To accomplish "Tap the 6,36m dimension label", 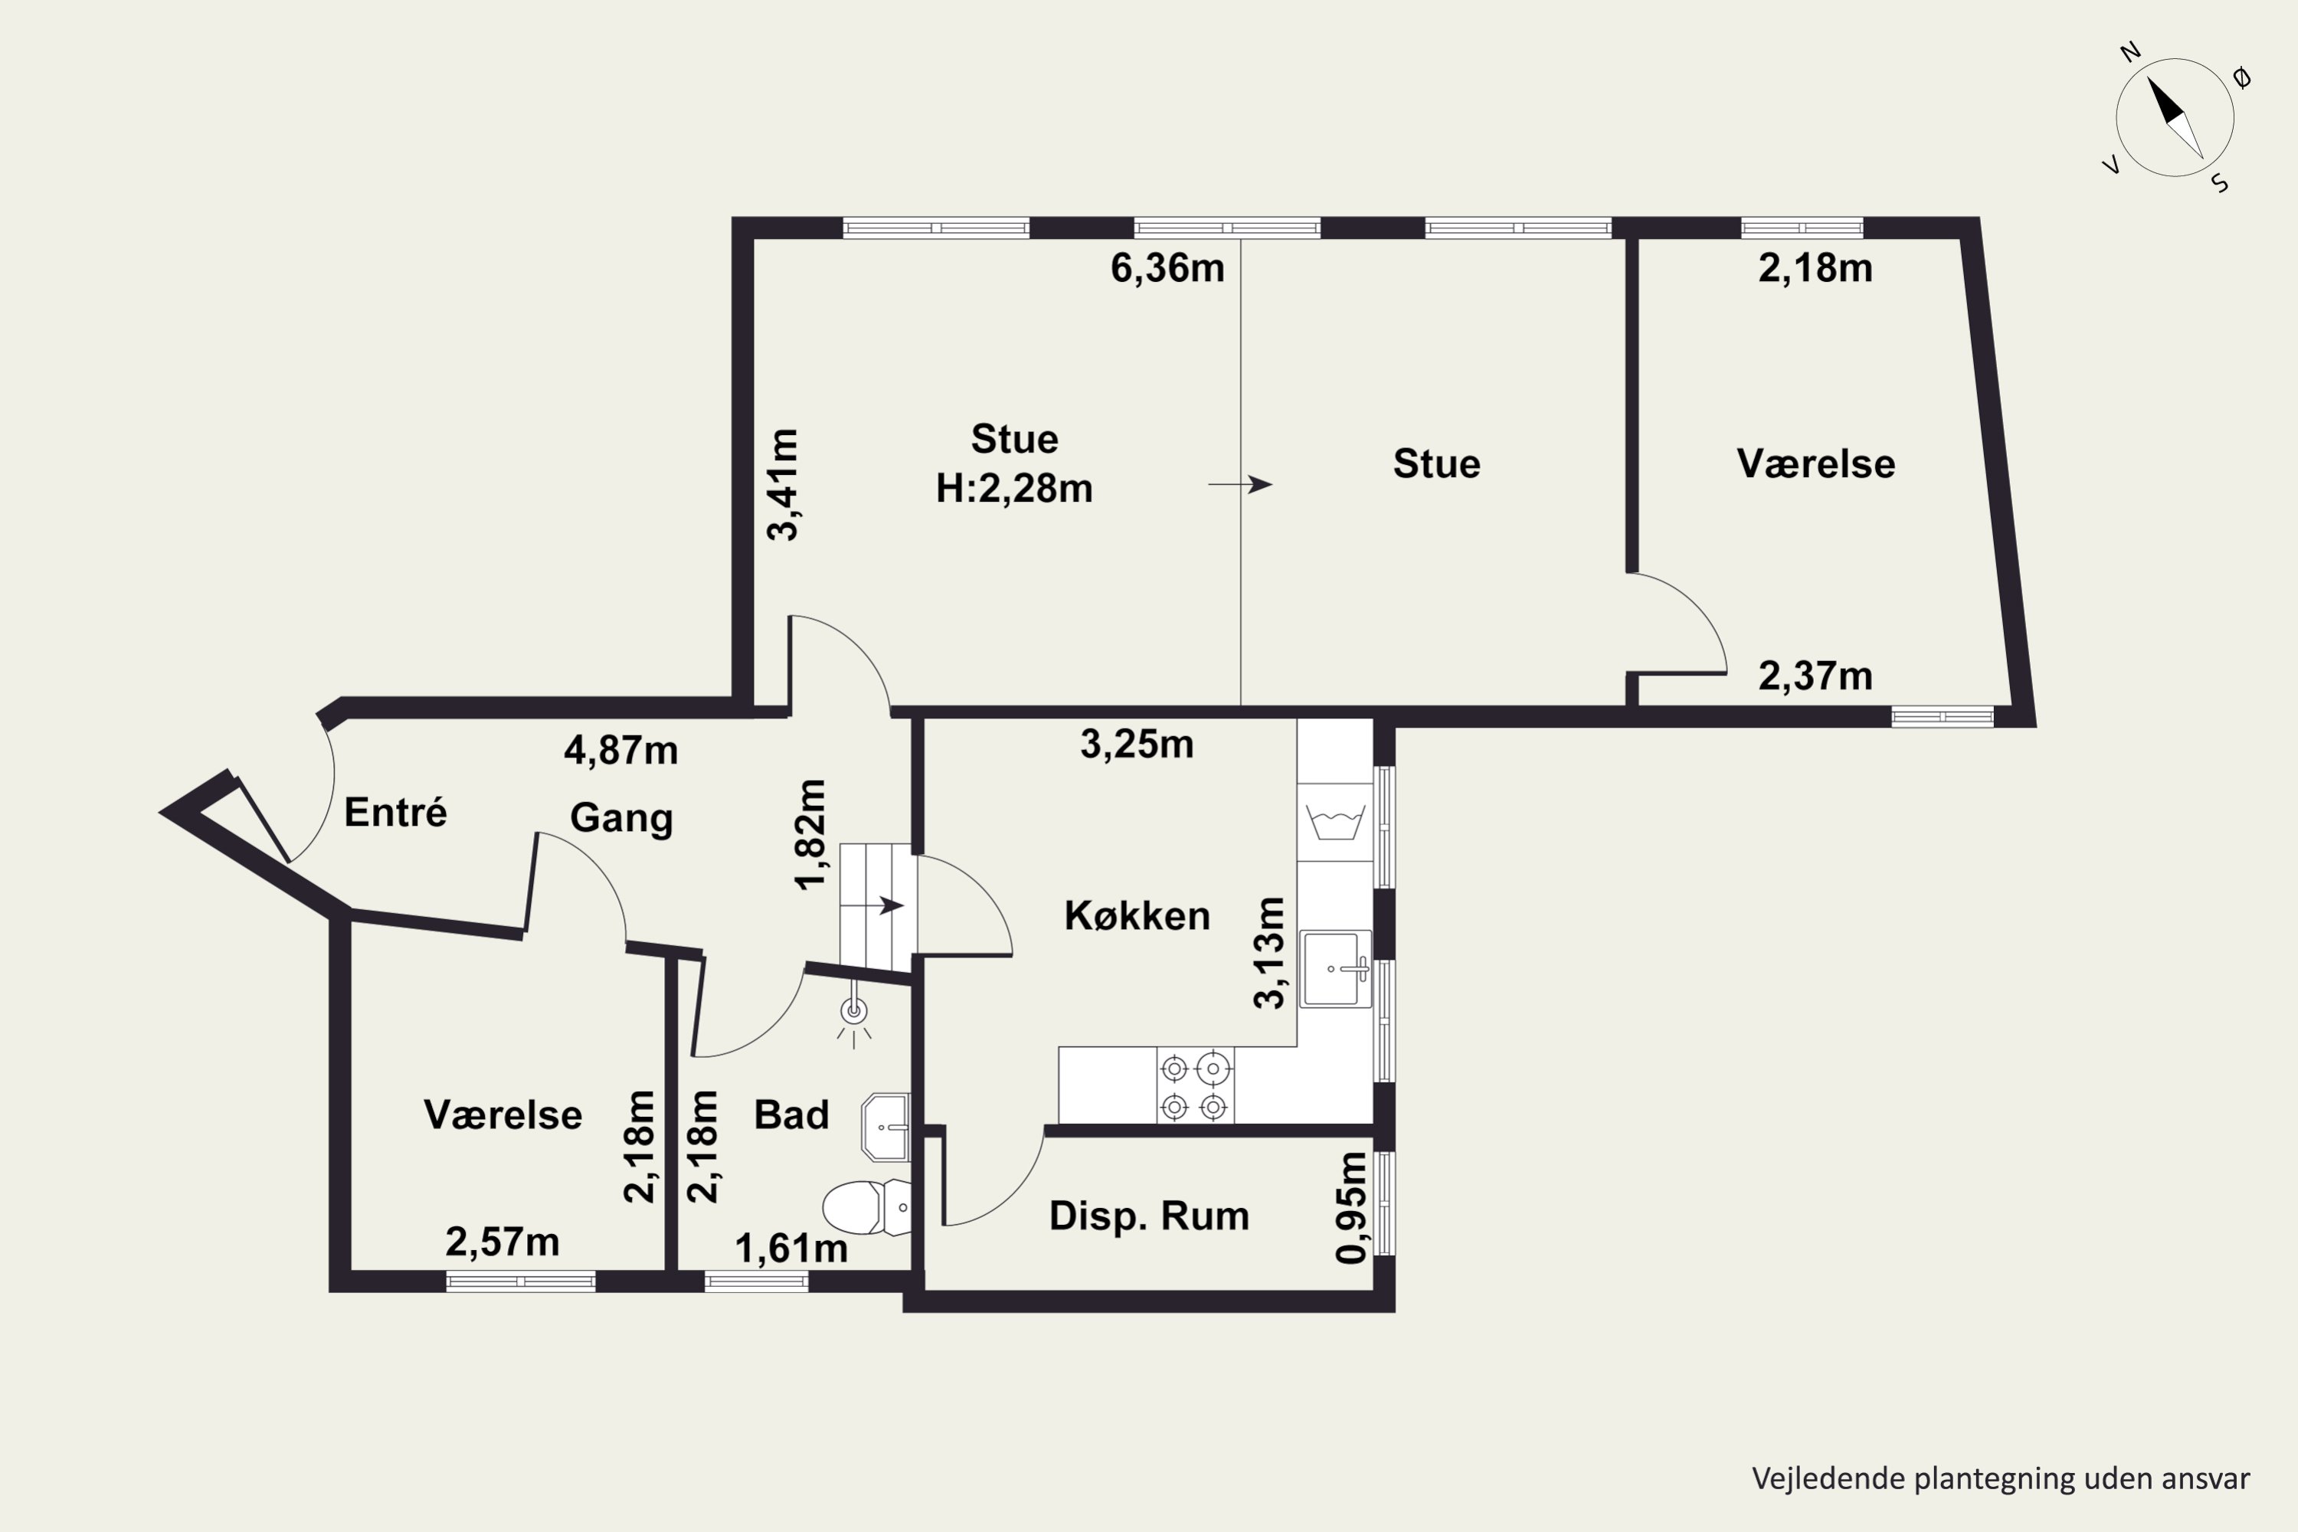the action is [1167, 267].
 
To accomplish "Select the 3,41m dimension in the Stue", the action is [784, 485].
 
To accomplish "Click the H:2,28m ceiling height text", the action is [1014, 489].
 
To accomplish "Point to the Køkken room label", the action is [1138, 915].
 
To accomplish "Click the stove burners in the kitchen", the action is [1195, 1085].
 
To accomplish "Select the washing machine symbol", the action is [1334, 823].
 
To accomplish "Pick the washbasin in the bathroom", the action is [885, 1127].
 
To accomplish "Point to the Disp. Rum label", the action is [1149, 1216].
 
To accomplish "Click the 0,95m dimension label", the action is [1352, 1208].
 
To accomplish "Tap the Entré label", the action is [396, 812].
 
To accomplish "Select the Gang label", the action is [621, 819].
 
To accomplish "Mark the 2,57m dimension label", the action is [502, 1242].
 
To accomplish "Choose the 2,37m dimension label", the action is [1815, 676].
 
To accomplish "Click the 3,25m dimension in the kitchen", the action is [1136, 745].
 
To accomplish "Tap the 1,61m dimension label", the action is [791, 1249].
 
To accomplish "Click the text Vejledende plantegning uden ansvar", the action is [2001, 1479].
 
